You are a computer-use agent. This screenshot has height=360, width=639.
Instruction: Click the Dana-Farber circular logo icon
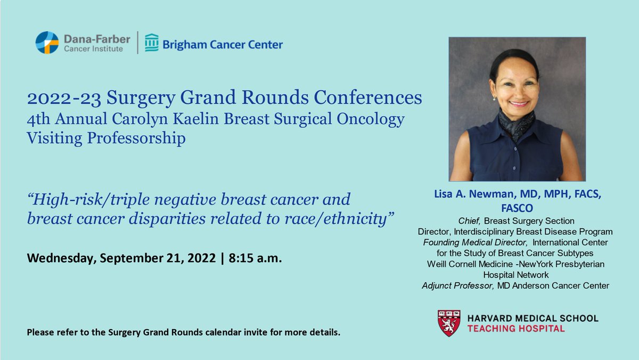[x=47, y=43]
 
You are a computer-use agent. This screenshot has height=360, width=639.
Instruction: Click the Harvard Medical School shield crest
[x=449, y=323]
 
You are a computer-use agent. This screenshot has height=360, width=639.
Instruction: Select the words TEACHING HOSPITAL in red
[x=515, y=329]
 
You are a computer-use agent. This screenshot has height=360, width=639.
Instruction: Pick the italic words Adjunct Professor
[x=457, y=286]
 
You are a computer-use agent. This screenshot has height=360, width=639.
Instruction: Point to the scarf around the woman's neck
[x=517, y=123]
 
